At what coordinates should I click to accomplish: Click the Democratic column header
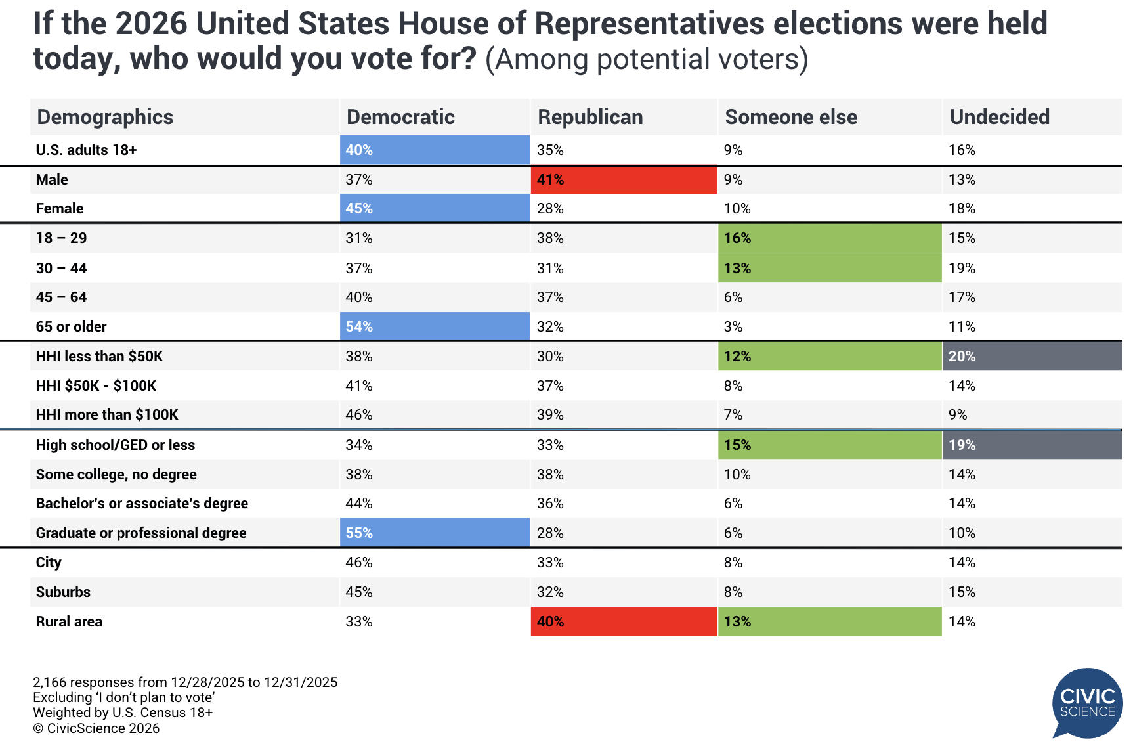click(400, 117)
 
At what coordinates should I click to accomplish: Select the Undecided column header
click(999, 117)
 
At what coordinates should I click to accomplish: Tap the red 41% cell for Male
click(624, 179)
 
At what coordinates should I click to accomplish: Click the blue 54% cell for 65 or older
click(434, 326)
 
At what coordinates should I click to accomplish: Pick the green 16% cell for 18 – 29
click(830, 238)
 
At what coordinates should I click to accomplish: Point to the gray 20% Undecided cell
click(1032, 356)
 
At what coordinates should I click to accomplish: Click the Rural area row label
click(69, 621)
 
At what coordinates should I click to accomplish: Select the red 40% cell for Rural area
click(624, 621)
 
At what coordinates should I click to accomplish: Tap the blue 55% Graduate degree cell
click(434, 533)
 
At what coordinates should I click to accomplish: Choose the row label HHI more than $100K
click(107, 414)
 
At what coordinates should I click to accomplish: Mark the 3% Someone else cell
click(733, 326)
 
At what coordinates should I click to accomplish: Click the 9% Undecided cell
click(958, 414)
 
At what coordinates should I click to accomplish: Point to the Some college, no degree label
click(116, 474)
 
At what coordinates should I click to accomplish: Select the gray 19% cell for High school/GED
click(1032, 445)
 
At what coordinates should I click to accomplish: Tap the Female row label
click(60, 208)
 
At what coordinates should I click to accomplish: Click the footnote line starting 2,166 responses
click(185, 682)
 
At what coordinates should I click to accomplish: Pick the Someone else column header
click(791, 117)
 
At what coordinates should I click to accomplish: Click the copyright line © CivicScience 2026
click(96, 728)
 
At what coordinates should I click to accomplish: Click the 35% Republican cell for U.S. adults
click(550, 150)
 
